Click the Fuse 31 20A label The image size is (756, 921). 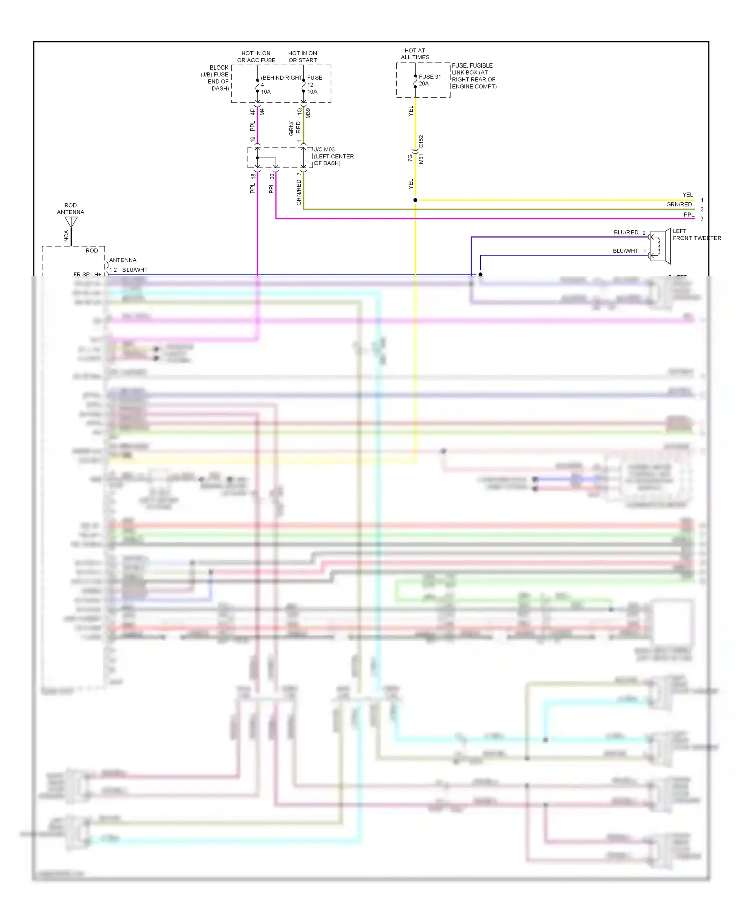point(429,80)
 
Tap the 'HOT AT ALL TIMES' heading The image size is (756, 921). point(415,54)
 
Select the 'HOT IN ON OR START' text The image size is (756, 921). point(302,57)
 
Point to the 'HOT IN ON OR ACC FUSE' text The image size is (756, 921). point(256,57)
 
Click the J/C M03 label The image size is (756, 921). point(324,149)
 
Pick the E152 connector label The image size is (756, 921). point(421,141)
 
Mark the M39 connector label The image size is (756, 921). point(308,113)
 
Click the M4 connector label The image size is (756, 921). point(262,112)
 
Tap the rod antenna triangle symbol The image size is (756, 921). point(71,222)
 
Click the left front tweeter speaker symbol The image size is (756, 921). point(659,246)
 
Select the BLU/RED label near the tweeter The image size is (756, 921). point(626,232)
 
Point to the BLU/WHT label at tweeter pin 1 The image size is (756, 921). point(625,251)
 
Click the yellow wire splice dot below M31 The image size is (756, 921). point(415,200)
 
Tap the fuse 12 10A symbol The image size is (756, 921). point(303,86)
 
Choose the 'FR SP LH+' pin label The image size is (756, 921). point(87,274)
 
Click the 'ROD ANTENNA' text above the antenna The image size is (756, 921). point(71,209)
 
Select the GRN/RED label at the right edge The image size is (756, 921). point(679,204)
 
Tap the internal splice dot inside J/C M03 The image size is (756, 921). point(257,158)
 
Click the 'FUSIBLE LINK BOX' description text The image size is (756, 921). point(473,76)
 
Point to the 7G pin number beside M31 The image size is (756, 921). point(410,158)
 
